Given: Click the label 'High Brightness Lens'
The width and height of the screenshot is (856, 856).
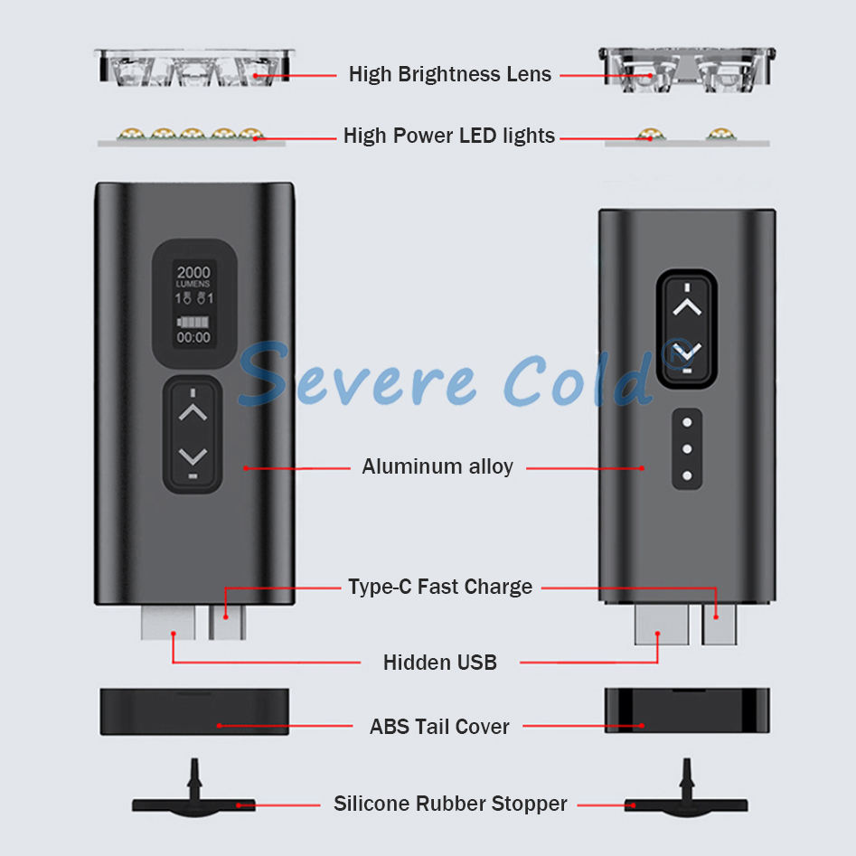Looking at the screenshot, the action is pos(449,74).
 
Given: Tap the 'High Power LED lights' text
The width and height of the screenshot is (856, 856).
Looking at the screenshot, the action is pos(449,136).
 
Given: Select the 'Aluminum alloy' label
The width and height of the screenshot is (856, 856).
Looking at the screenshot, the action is pos(437,466).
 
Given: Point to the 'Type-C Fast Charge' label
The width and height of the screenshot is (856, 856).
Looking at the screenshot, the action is pos(440,587).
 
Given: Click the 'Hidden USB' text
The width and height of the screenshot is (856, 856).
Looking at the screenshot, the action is pos(440,663).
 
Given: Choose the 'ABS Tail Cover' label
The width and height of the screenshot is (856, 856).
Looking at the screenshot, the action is pos(439,727).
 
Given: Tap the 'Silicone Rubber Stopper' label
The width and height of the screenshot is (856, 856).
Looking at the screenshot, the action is pos(450,804).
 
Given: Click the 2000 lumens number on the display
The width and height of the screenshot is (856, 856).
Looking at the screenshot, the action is pos(193,272).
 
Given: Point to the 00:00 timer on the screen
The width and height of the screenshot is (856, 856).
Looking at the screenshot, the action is pos(193,338).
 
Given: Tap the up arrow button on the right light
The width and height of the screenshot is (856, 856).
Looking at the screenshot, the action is pos(687,307).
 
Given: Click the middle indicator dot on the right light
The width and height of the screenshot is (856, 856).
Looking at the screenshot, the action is pos(687,448).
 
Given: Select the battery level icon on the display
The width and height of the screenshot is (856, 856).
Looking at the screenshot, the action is pos(193,321).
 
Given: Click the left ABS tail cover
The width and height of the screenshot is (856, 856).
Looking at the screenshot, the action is pos(194,711).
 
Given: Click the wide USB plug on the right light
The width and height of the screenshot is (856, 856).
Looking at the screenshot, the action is pos(662,625).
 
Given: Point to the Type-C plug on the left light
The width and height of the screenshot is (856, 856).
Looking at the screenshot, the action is pos(227,622).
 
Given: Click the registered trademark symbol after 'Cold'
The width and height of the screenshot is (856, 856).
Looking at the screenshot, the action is pos(673,354).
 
